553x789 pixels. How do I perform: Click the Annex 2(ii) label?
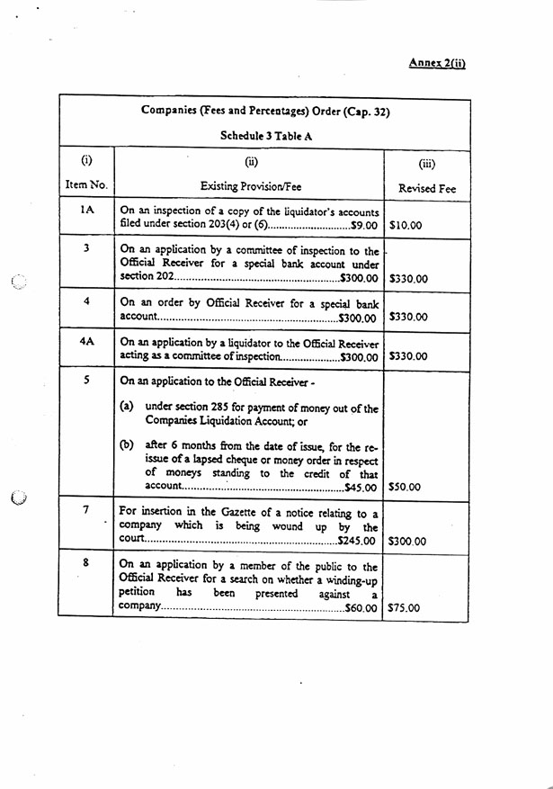[x=437, y=62]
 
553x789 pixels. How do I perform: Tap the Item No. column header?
[x=86, y=185]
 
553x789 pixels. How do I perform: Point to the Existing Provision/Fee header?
[x=251, y=186]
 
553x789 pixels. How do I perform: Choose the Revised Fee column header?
[x=427, y=188]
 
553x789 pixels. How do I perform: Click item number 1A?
[x=86, y=210]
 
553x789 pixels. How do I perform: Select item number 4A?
[x=86, y=342]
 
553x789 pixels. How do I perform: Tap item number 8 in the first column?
[x=86, y=563]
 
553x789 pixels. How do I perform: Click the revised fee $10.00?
[x=406, y=225]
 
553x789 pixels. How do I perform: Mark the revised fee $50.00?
[x=406, y=488]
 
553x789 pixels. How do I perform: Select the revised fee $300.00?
[x=408, y=542]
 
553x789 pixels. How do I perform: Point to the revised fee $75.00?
[x=406, y=607]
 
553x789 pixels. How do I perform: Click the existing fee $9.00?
[x=362, y=225]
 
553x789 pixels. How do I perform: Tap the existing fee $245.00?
[x=357, y=542]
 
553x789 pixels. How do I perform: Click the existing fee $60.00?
[x=361, y=608]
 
